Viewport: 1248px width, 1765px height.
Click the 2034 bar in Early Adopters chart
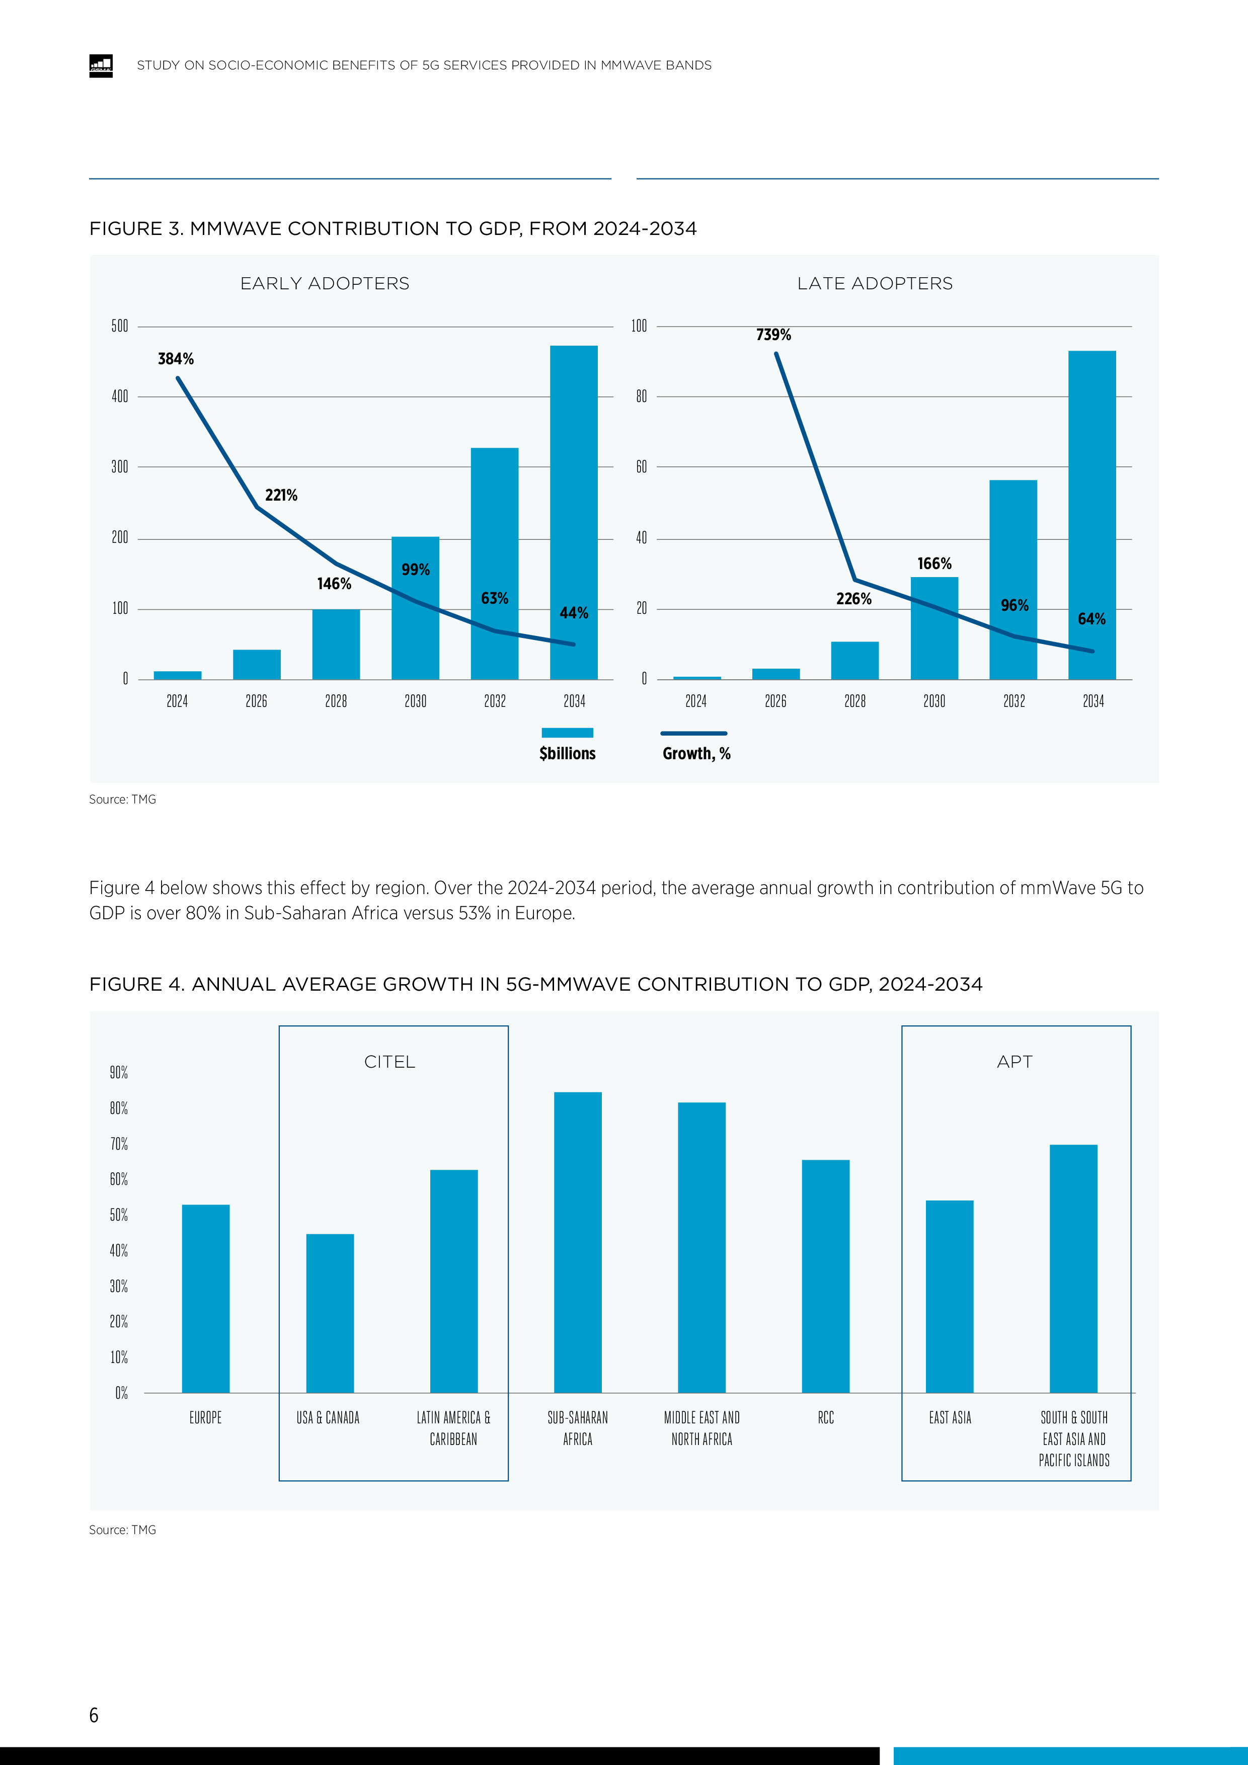click(574, 512)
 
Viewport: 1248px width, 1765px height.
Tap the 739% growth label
click(773, 335)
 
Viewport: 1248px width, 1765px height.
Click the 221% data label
click(281, 496)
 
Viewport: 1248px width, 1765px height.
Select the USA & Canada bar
click(330, 1313)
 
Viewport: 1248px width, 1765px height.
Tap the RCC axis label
click(826, 1417)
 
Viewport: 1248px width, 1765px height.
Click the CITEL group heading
click(390, 1062)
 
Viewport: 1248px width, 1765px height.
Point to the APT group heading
click(1014, 1062)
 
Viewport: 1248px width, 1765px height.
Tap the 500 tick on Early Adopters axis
click(120, 326)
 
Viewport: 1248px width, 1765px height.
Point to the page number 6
click(94, 1715)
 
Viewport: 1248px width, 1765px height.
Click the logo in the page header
click(101, 66)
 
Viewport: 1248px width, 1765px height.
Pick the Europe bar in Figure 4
click(205, 1299)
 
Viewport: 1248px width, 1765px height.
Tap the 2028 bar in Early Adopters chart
click(336, 644)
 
